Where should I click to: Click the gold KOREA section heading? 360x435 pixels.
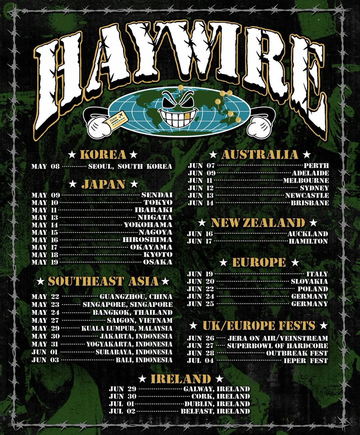[103, 155]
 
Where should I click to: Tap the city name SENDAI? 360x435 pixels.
[157, 195]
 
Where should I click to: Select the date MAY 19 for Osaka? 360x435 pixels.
[45, 262]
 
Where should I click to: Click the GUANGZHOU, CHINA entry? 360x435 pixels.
[136, 297]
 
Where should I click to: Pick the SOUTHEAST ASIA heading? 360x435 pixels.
[103, 281]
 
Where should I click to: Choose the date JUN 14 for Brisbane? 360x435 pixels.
[200, 203]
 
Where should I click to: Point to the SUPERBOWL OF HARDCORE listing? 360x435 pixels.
[277, 346]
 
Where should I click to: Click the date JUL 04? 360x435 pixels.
[200, 361]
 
